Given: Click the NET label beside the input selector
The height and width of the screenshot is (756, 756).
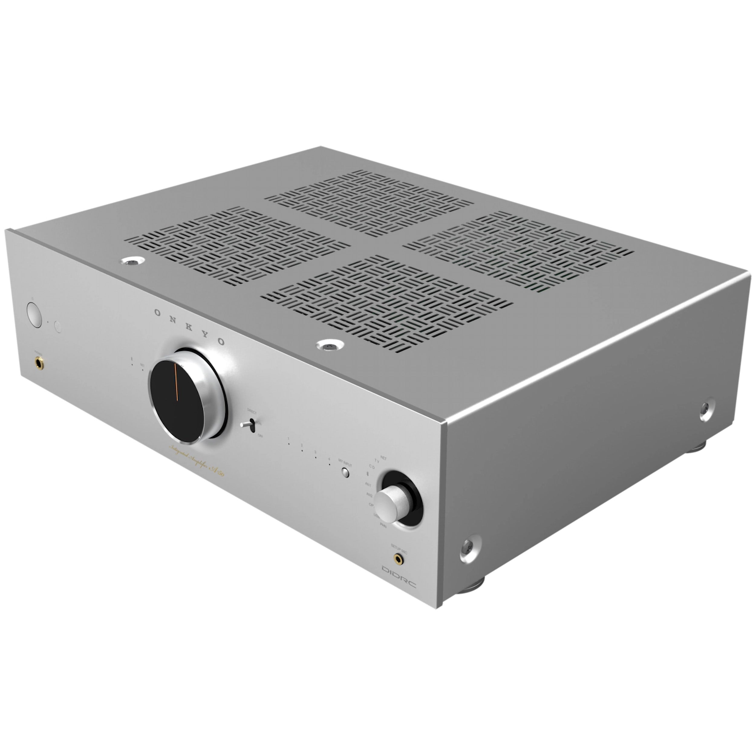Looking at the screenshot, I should point(383,458).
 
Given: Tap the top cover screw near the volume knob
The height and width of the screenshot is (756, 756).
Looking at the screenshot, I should point(330,346).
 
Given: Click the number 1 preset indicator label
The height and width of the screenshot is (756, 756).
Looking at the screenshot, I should point(288,439).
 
